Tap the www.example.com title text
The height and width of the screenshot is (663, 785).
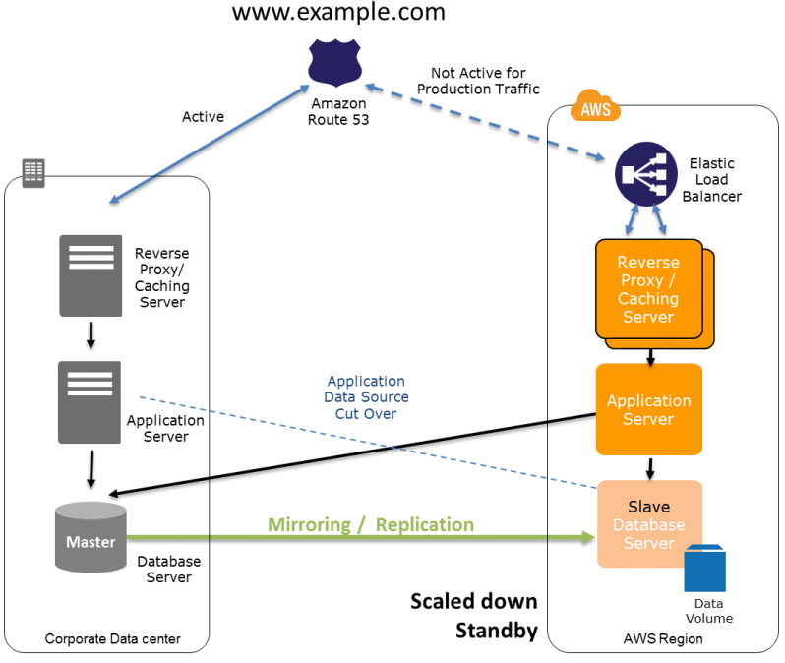tap(337, 13)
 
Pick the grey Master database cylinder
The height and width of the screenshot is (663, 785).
tap(91, 538)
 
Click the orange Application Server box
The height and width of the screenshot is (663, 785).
tap(649, 409)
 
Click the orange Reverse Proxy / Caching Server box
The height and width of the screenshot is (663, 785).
tap(649, 289)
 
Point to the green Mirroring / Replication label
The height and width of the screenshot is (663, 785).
tap(370, 525)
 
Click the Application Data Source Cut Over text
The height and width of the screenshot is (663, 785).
tap(366, 397)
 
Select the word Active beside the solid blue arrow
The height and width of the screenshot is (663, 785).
tap(203, 117)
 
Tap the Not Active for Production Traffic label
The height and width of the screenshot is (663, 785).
tap(478, 82)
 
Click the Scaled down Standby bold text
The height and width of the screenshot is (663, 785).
tap(474, 616)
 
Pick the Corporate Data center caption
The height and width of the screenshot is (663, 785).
tap(113, 640)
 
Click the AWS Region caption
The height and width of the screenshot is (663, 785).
tap(663, 639)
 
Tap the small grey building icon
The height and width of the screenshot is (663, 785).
tap(33, 172)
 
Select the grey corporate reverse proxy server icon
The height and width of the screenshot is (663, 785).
tap(91, 275)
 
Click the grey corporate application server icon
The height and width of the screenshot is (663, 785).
tap(90, 401)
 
